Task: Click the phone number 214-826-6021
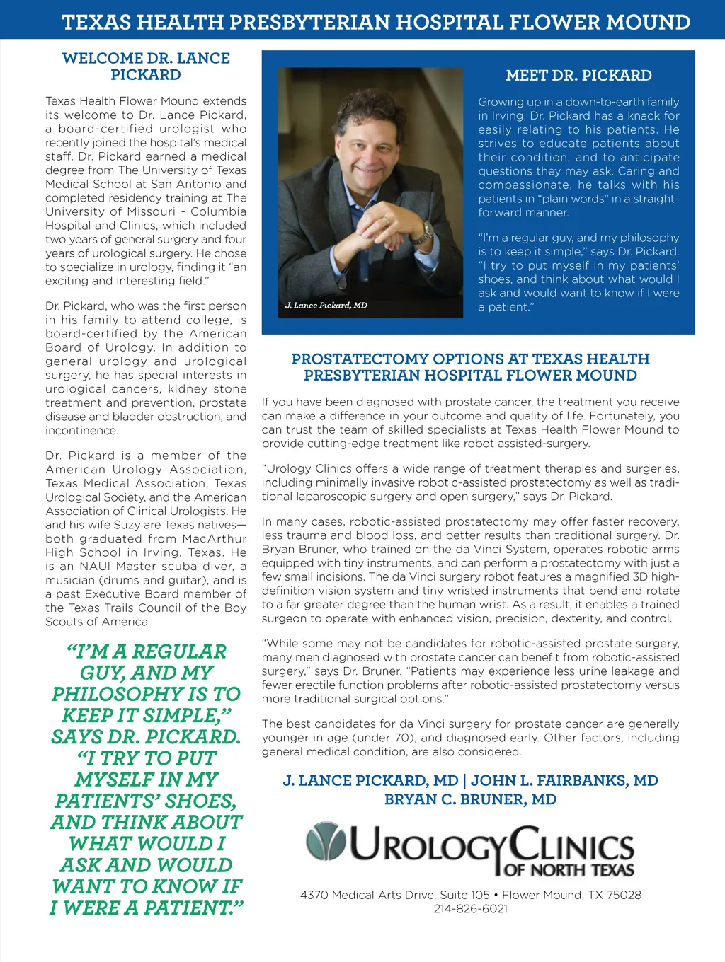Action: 471,909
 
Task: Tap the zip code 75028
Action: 624,895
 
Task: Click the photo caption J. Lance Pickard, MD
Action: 326,306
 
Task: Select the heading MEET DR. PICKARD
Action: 578,76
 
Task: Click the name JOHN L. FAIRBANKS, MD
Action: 564,781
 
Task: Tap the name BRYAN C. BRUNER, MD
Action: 470,799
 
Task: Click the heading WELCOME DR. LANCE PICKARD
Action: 146,66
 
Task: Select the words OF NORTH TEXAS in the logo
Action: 569,869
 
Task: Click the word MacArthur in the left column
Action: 215,539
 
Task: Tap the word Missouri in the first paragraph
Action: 152,211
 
